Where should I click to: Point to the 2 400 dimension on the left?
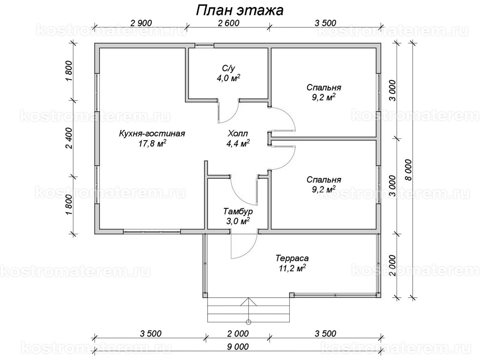coord(68,138)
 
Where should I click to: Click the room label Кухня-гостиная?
coord(152,134)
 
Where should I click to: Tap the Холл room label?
coord(238,134)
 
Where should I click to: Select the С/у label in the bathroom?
coord(228,68)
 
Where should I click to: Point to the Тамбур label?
coord(238,211)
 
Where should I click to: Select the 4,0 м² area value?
coord(228,78)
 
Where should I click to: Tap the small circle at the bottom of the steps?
coord(248,322)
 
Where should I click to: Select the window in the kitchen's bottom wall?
coord(152,231)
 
